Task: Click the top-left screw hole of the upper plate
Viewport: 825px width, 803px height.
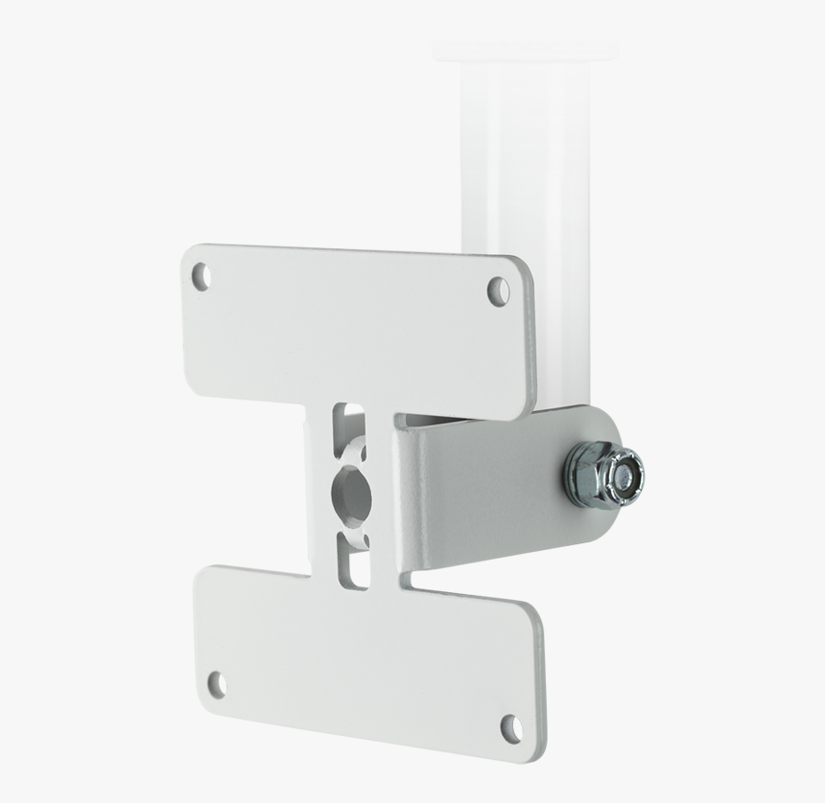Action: point(200,277)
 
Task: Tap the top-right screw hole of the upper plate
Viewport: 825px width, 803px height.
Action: point(498,289)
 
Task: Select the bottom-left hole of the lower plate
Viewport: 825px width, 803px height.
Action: point(218,683)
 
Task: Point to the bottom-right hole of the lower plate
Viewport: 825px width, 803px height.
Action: point(511,726)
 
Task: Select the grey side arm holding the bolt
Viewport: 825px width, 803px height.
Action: point(489,489)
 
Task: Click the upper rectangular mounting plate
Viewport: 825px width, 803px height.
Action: point(355,326)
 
